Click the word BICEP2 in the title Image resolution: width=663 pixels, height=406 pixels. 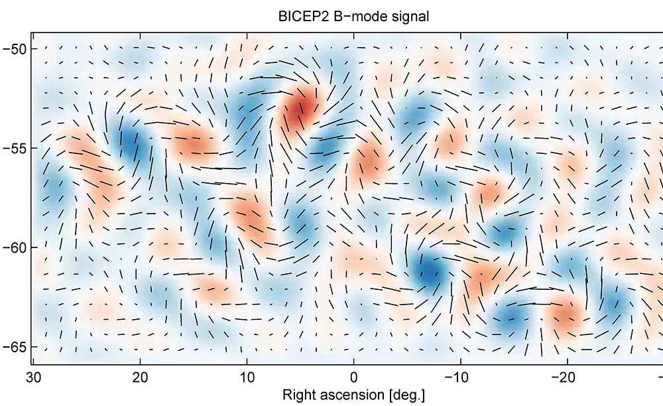(298, 17)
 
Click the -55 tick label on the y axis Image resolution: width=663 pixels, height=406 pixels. (15, 148)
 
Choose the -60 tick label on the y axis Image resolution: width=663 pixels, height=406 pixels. (15, 247)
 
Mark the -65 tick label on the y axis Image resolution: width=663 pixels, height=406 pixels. (15, 347)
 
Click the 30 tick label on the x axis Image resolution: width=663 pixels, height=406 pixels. (32, 378)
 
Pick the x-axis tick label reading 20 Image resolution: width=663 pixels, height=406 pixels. (140, 378)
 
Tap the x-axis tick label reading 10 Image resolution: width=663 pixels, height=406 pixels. (247, 378)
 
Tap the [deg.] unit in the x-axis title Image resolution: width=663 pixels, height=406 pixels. (404, 395)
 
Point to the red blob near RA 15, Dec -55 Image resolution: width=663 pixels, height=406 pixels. (194, 144)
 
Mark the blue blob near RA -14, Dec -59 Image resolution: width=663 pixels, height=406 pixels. (505, 232)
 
